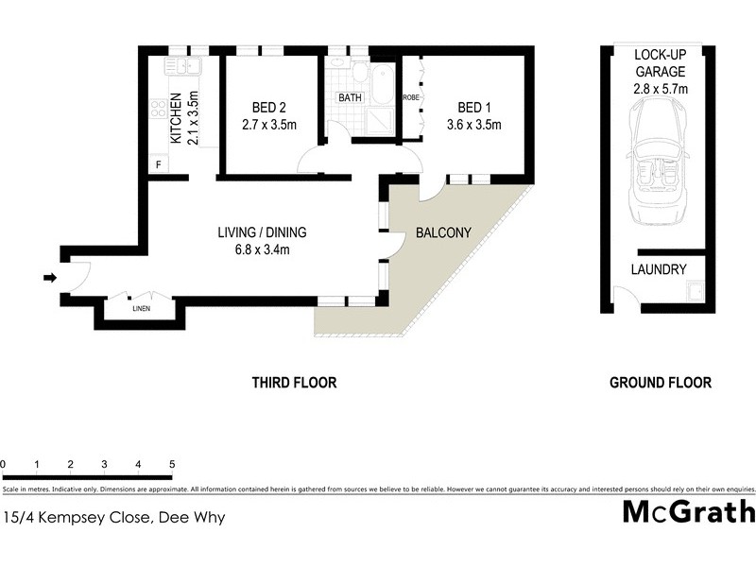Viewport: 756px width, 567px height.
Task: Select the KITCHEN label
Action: click(176, 118)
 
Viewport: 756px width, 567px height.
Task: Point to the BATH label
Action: click(350, 97)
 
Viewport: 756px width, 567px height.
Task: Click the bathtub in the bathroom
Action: click(383, 84)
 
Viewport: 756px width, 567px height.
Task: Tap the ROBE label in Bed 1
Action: click(411, 97)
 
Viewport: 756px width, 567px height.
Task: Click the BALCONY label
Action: click(440, 232)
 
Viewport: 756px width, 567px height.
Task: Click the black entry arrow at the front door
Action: click(49, 277)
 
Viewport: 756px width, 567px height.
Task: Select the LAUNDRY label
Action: click(659, 269)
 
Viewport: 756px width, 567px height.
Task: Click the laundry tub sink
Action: click(694, 291)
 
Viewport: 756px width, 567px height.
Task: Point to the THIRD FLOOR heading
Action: click(294, 383)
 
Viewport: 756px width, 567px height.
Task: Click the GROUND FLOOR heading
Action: click(660, 383)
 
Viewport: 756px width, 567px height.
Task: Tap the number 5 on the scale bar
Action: click(172, 464)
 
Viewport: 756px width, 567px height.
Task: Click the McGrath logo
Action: click(689, 511)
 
